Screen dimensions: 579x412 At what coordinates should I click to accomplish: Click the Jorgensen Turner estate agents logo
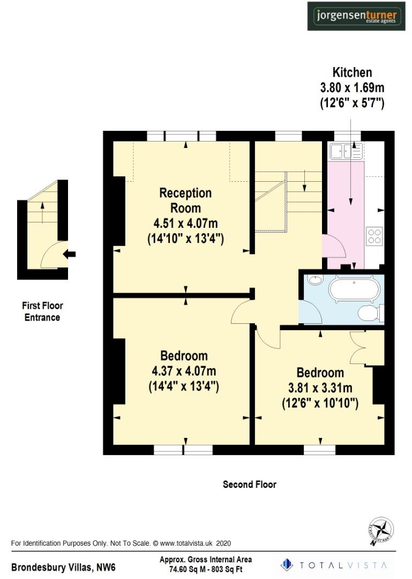point(356,16)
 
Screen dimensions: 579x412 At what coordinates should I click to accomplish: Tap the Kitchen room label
point(352,72)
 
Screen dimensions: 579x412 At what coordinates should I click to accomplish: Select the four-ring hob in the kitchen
point(374,236)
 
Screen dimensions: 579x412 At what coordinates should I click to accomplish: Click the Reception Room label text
point(185,200)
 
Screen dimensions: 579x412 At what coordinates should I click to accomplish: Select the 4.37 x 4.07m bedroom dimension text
point(184,371)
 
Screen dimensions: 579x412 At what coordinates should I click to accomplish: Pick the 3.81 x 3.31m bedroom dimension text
point(320,388)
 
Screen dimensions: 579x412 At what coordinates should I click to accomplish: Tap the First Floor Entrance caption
point(42,311)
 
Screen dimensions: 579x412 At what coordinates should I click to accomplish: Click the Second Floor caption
point(250,484)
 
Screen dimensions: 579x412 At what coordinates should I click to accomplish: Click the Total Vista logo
point(334,565)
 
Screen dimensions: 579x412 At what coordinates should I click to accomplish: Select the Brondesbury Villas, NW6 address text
point(63,567)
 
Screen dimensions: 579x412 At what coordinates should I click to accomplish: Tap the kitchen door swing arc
point(333,247)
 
